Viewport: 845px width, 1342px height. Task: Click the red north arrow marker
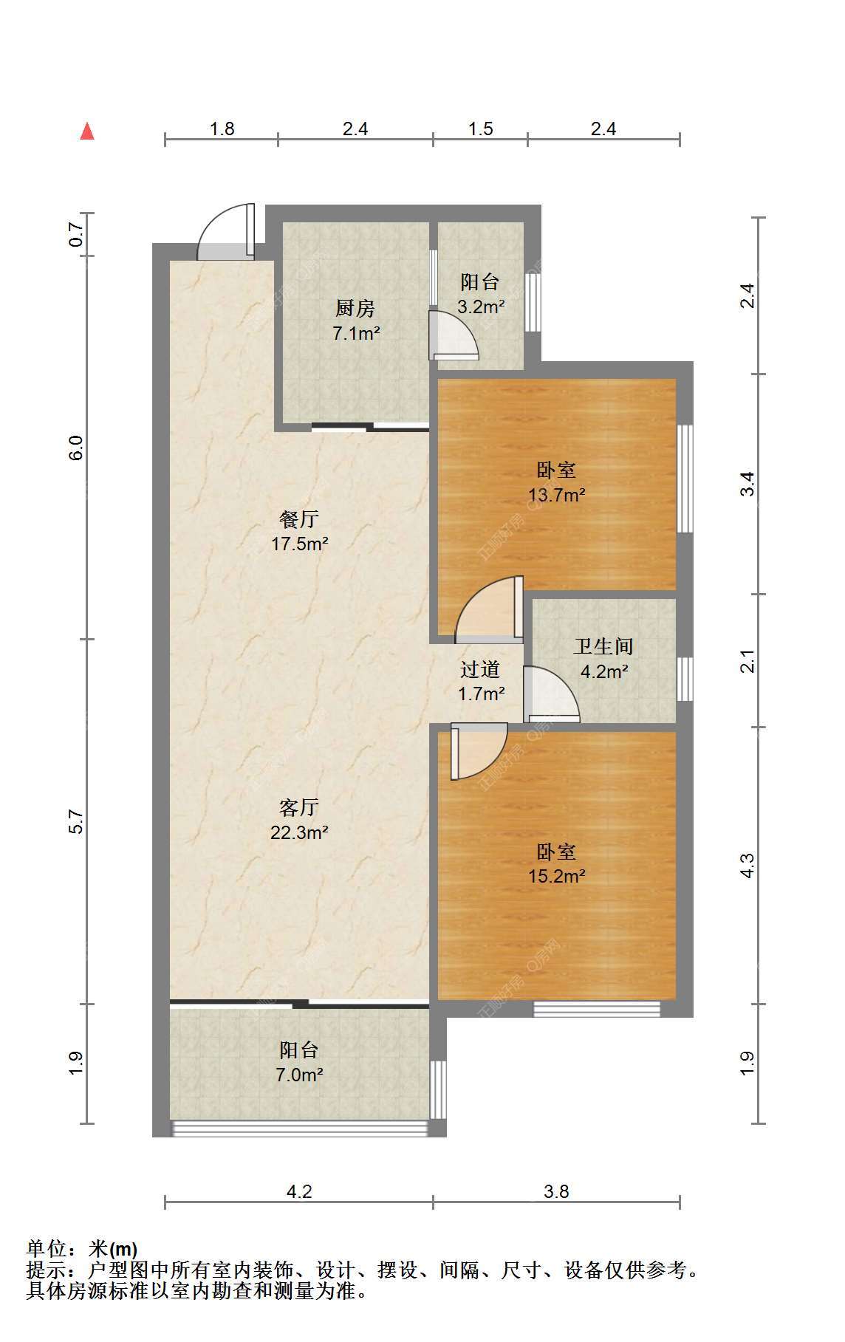pos(87,131)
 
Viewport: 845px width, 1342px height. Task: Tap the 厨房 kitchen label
pos(355,308)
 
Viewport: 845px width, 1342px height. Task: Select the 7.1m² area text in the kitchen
pos(356,333)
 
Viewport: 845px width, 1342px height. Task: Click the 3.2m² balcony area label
pos(480,307)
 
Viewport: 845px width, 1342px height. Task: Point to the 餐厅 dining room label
pos(299,519)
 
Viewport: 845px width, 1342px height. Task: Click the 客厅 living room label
pos(299,807)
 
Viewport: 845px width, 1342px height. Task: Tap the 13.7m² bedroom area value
pos(556,495)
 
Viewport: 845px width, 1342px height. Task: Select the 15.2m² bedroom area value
pos(556,877)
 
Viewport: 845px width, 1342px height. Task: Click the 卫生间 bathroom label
pos(603,646)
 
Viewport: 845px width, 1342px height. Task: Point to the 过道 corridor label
pos(480,669)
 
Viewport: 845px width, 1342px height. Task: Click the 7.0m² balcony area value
pos(299,1075)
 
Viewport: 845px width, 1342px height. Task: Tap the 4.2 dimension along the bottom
pos(299,1191)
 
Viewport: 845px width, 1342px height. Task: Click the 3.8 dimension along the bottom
pos(556,1191)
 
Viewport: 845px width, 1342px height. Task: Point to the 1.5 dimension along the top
pos(480,129)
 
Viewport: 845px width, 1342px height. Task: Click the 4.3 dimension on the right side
pos(747,865)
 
